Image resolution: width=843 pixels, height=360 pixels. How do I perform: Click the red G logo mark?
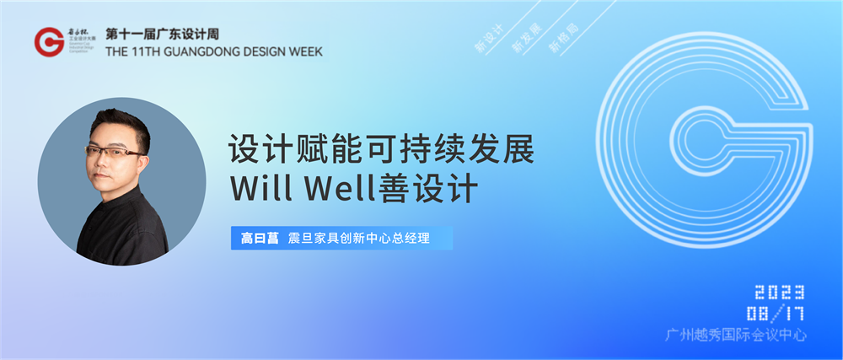click(x=50, y=40)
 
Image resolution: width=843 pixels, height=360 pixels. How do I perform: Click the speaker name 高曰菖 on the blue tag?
click(x=254, y=238)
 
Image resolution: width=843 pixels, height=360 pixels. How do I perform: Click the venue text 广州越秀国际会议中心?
click(x=736, y=336)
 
